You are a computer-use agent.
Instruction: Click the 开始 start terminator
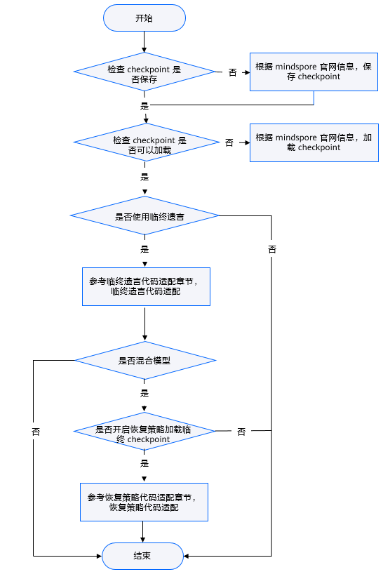pos(144,18)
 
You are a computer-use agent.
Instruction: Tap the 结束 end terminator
pos(142,556)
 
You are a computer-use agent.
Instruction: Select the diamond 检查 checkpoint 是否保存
pos(144,72)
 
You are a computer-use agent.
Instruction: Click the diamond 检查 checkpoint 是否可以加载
pos(146,142)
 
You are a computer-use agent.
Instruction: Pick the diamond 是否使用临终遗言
pos(144,215)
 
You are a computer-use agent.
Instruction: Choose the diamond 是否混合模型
pos(145,360)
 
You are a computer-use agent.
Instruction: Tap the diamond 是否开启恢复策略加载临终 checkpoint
pos(144,431)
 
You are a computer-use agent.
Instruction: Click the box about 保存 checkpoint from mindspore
pos(314,72)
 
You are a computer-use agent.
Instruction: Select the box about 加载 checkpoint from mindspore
pos(314,142)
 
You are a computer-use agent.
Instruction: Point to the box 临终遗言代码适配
pos(146,286)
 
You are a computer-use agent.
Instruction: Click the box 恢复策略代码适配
pos(144,502)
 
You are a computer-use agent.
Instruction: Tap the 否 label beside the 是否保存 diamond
pos(232,72)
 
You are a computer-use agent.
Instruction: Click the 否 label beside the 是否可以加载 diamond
pos(229,142)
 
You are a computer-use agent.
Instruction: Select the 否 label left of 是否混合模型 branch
pos(36,432)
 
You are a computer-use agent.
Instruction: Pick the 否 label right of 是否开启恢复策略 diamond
pos(242,432)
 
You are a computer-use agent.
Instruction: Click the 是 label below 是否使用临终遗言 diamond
pos(144,249)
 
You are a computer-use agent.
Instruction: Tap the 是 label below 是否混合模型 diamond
pos(144,393)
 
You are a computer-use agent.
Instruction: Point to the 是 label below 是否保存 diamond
pos(144,106)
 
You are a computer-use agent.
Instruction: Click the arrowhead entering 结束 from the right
pos(186,556)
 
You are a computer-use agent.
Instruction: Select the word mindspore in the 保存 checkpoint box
pos(296,67)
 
